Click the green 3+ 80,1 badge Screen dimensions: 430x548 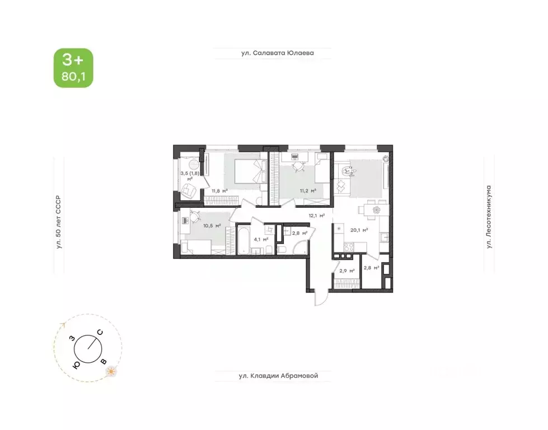point(73,68)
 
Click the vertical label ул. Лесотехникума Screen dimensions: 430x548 point(489,216)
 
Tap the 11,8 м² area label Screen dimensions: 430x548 point(219,190)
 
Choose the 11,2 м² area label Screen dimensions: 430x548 point(308,190)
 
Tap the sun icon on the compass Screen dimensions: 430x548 point(111,371)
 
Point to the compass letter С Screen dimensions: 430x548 point(100,332)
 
